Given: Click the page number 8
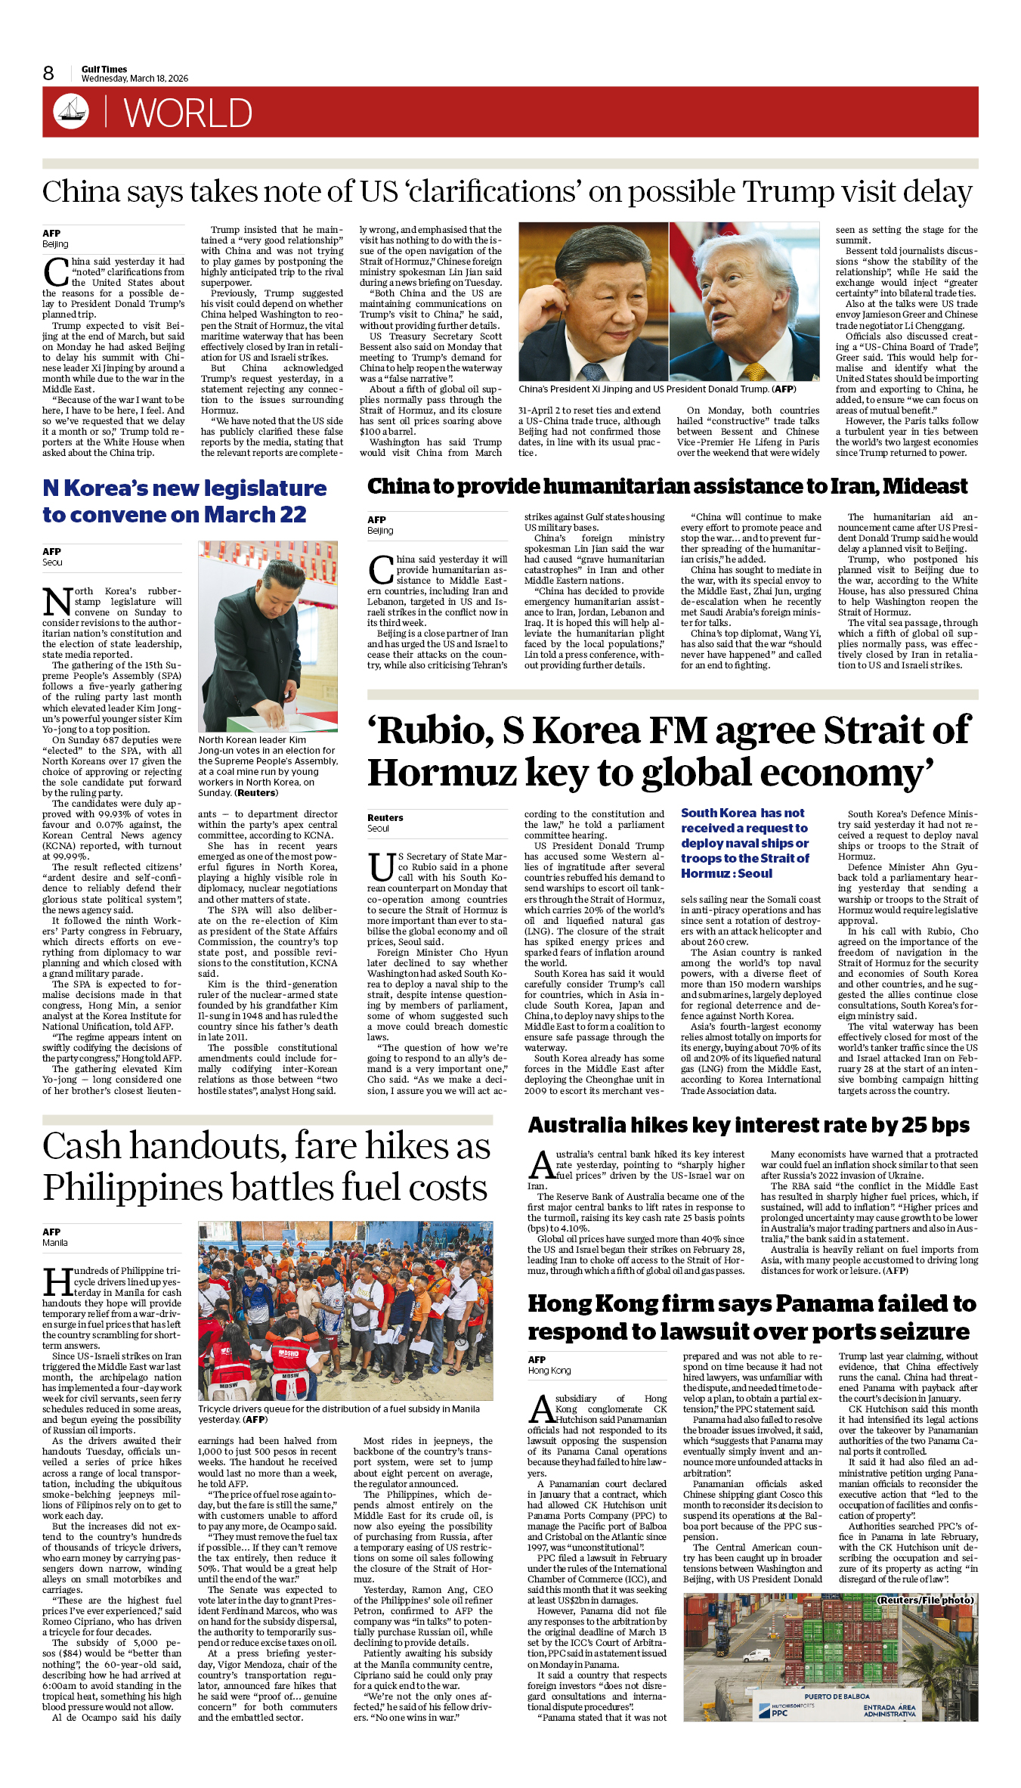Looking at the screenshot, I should coord(48,73).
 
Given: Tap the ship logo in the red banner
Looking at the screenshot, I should coord(71,111).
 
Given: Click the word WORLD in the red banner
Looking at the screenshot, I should coord(187,113).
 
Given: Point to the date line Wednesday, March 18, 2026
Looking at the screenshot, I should coord(135,79).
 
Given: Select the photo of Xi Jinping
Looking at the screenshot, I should coord(593,301).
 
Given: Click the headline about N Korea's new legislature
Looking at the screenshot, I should coord(184,501).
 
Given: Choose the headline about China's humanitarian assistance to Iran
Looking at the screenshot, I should coord(667,486).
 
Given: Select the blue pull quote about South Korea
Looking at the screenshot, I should coord(745,843).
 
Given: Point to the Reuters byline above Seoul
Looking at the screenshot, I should coord(385,817).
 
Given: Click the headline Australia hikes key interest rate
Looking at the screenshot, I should coord(748,1126).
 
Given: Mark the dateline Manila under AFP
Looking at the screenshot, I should coord(55,1242).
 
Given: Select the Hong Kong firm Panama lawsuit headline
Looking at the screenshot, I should coord(751,1318).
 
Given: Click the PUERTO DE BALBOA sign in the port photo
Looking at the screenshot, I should coord(837,1696).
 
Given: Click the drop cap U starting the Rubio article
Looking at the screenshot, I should coord(381,867).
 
